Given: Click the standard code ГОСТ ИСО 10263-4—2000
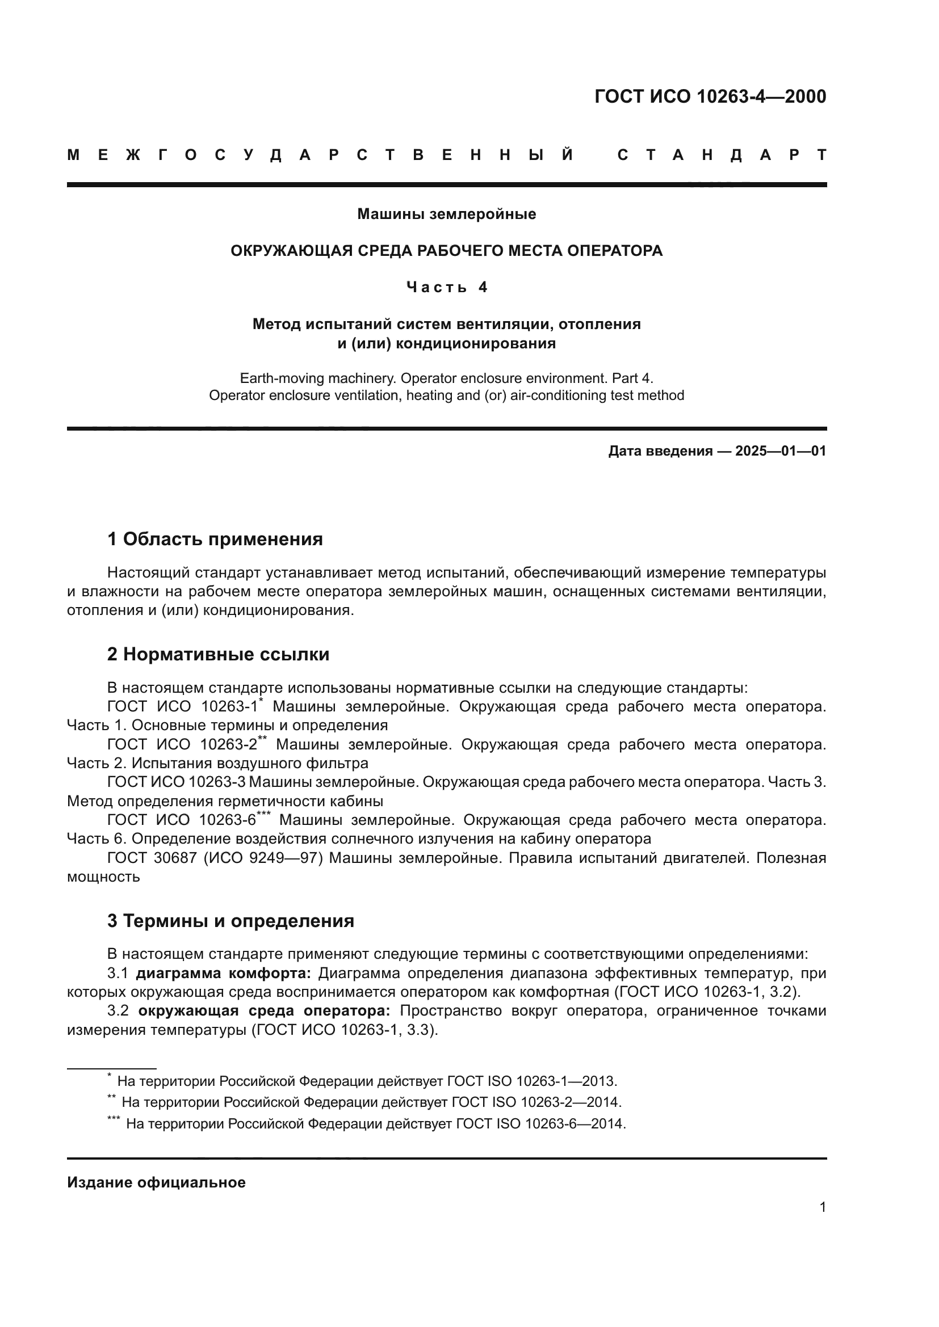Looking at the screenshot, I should pyautogui.click(x=710, y=96).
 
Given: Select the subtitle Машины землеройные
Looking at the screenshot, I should pyautogui.click(x=446, y=214).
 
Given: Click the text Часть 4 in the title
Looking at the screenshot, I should pyautogui.click(x=446, y=287).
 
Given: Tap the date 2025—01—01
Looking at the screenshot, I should pyautogui.click(x=781, y=452).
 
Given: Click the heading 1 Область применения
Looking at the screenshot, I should pyautogui.click(x=215, y=539).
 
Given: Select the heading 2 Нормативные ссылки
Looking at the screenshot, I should pyautogui.click(x=218, y=654).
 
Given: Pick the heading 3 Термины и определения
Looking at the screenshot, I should pyautogui.click(x=230, y=921).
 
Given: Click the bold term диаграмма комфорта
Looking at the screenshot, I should pyautogui.click(x=223, y=974).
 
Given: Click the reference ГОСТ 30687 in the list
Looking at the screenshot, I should pyautogui.click(x=153, y=858).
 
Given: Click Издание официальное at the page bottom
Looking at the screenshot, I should pyautogui.click(x=156, y=1182).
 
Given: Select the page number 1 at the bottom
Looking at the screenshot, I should pyautogui.click(x=822, y=1207).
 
